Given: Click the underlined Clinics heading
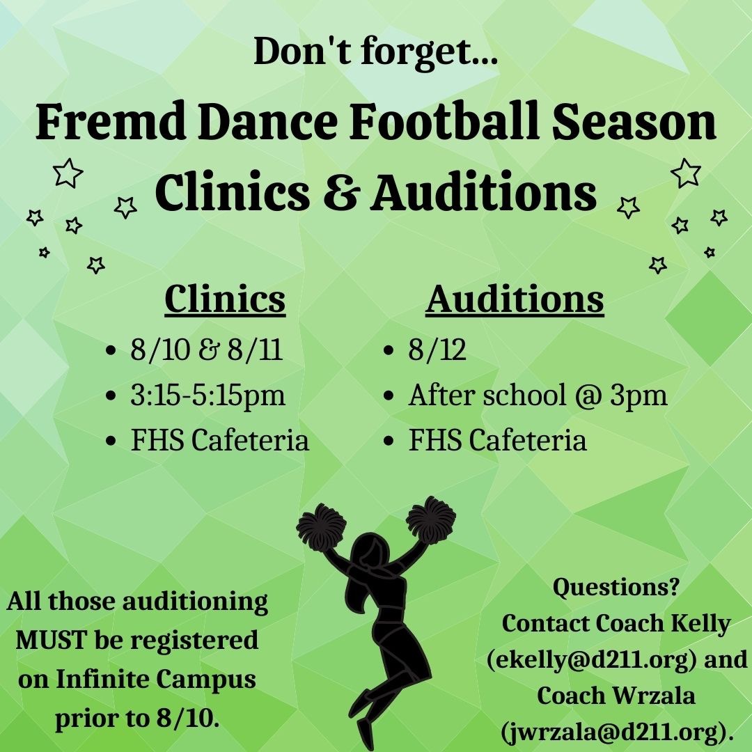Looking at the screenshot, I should point(225,299).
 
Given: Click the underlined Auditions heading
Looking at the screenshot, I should point(515,299).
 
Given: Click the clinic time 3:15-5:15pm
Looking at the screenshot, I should point(207,395).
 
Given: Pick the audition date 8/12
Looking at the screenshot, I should point(437,351).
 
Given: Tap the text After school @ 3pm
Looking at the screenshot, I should point(538,395).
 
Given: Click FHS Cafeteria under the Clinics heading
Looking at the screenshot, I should point(219,440).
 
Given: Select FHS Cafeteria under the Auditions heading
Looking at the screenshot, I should point(497,440).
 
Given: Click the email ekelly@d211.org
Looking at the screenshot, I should point(594,659).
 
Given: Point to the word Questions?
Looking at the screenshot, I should point(616,588).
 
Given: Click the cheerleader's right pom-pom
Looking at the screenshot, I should point(431,518).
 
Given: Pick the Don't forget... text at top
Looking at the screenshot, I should point(375,52).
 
